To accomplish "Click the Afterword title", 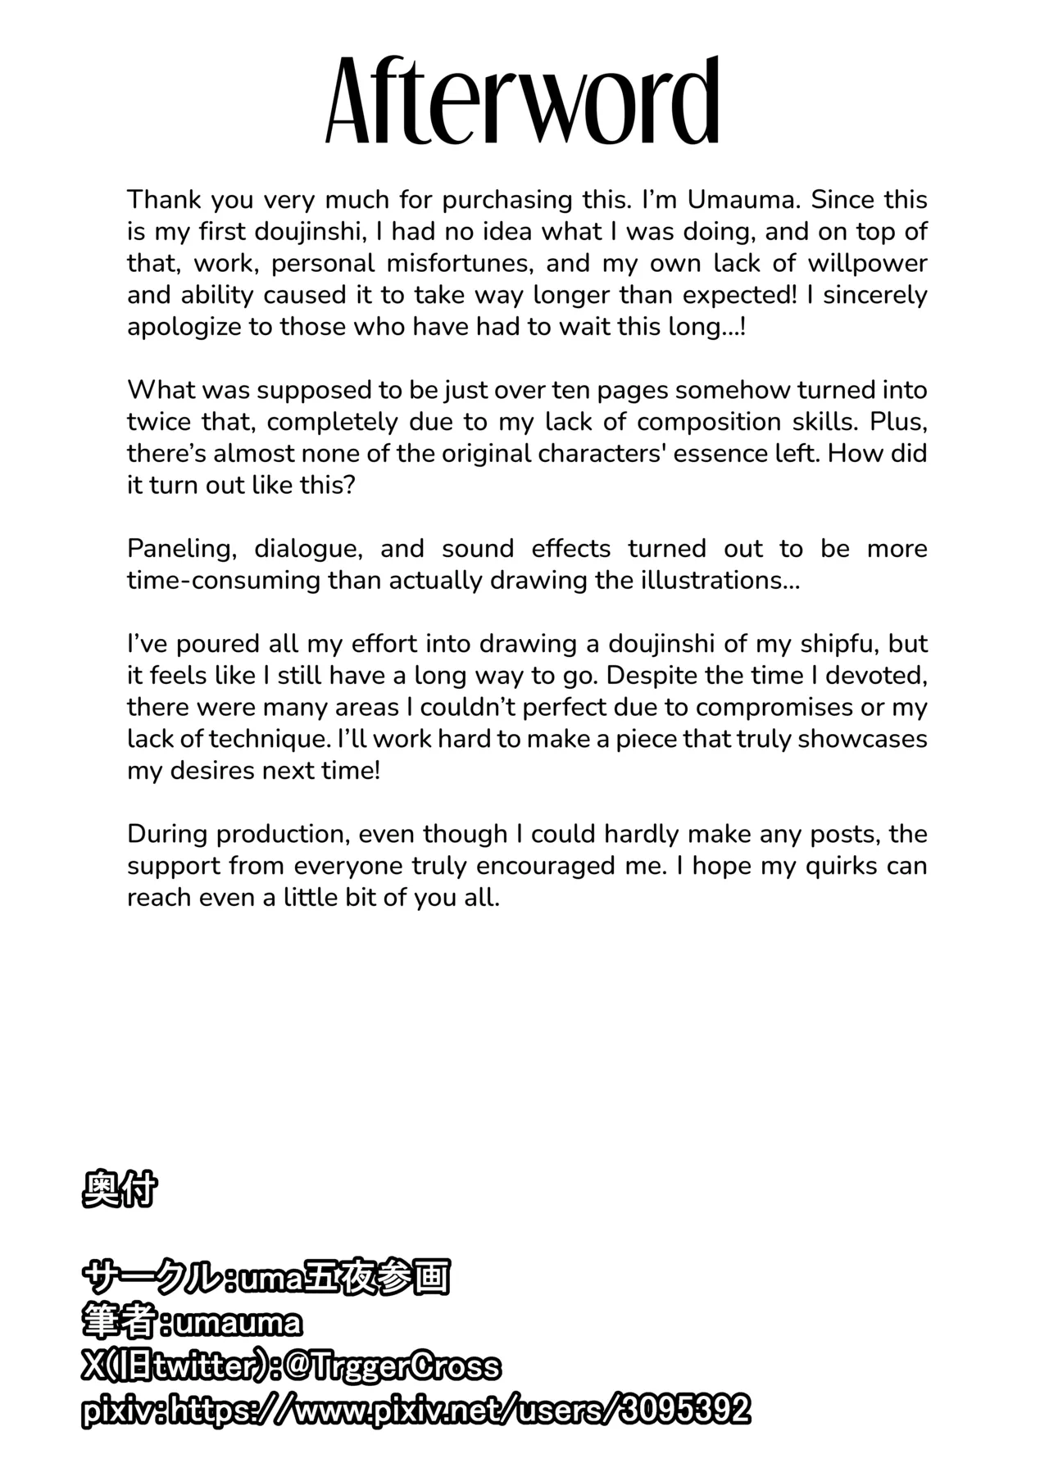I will [x=523, y=102].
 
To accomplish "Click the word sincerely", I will [x=874, y=295].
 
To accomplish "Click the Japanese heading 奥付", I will [x=119, y=1190].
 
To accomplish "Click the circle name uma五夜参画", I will [x=343, y=1277].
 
